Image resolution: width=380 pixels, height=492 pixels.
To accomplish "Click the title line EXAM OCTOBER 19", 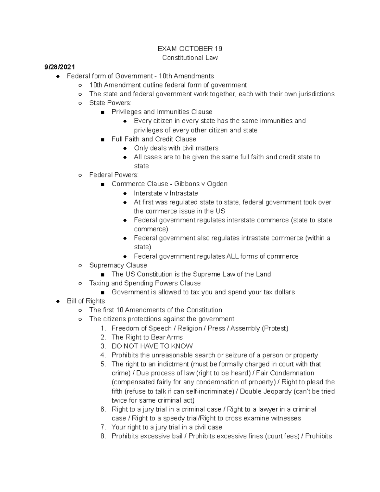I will pos(190,49).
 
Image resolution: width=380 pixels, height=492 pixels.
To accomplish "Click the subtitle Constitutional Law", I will pos(190,58).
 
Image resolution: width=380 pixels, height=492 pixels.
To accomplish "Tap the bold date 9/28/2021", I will pos(60,67).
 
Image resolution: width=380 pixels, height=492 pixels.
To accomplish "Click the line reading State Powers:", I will pos(110,103).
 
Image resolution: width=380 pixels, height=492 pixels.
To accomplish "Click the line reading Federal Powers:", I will pos(114,175).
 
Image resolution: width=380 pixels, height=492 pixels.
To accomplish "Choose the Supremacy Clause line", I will pos(118,265).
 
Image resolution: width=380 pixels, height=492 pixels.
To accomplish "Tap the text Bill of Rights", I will pos(85,301).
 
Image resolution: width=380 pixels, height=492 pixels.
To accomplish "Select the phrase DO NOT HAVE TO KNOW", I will pos(152,346).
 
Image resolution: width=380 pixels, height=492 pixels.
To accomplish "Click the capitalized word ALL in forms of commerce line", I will pos(232,256).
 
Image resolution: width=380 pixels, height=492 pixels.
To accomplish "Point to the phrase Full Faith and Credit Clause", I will pos(154,139).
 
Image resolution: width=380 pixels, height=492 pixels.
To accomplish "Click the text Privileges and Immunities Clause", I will pos(161,112).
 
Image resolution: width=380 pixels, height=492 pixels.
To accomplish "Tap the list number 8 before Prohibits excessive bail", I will pos(103,436).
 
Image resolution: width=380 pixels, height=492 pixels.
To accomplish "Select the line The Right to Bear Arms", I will pos(147,337).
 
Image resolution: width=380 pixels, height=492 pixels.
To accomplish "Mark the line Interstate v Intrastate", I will pos(166,193).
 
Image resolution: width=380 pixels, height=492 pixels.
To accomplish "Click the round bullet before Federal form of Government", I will pos(58,76).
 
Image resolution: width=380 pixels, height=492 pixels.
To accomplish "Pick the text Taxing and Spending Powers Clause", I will pos(145,283).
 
